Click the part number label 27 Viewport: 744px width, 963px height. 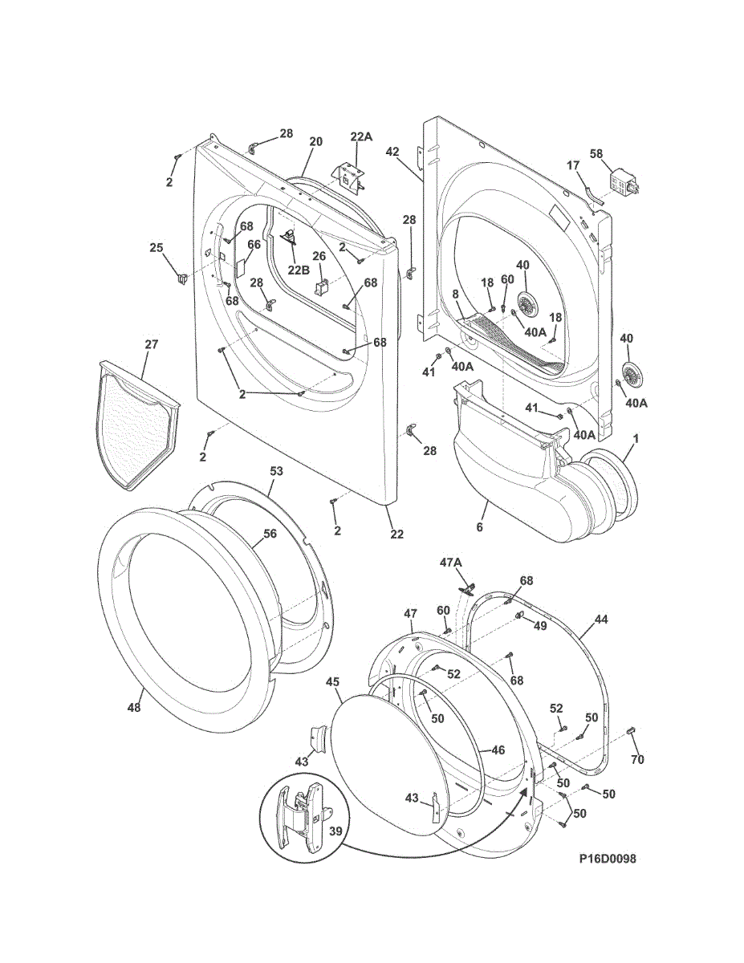tap(152, 344)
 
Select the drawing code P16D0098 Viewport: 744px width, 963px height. tap(608, 859)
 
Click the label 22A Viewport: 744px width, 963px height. tap(361, 136)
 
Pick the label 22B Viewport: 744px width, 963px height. tap(299, 269)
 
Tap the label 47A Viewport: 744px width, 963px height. tap(451, 563)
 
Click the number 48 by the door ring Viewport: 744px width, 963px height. tap(134, 708)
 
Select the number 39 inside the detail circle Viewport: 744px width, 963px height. tap(336, 832)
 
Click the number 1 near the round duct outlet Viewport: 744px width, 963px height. tap(635, 439)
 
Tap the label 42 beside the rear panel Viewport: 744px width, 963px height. tap(392, 151)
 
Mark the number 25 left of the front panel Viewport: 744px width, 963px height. tap(157, 247)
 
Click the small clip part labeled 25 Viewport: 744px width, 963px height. tap(181, 278)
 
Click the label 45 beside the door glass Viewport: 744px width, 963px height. tap(333, 681)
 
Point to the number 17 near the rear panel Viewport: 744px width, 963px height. tap(573, 165)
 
